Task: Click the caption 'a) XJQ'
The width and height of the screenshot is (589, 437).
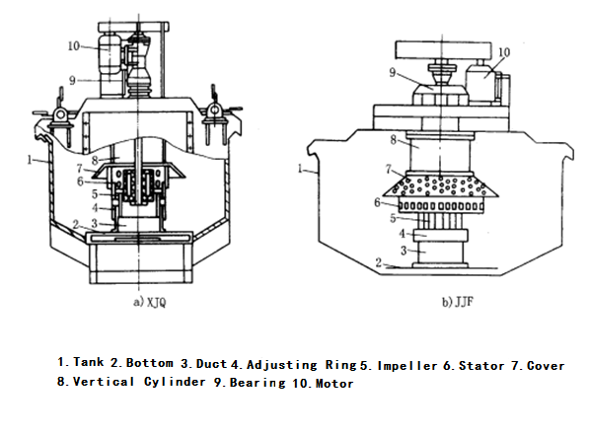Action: pos(150,302)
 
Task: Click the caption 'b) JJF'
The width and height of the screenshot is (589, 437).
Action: pos(457,302)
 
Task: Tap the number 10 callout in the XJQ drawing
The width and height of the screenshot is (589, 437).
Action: pos(74,46)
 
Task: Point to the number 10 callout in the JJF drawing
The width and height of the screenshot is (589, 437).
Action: pos(504,52)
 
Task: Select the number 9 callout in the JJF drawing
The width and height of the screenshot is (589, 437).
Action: pos(393,72)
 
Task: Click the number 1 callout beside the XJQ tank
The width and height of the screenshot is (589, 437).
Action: pos(30,160)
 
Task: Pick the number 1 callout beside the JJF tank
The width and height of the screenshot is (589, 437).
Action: pos(300,169)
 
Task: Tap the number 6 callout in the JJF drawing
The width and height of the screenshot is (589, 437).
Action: pos(378,203)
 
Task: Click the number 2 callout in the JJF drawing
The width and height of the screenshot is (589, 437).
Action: pos(379,262)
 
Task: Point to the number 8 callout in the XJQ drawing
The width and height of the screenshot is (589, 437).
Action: pos(95,161)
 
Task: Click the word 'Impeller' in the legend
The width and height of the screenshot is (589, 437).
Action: pos(407,366)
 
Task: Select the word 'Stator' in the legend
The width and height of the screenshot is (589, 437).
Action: pos(481,366)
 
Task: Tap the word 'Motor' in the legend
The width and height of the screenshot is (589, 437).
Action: pos(334,384)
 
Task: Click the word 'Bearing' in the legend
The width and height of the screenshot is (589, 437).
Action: pos(258,383)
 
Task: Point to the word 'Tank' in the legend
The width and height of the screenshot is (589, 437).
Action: pos(88,362)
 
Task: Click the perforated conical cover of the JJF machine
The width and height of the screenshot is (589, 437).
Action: pos(441,185)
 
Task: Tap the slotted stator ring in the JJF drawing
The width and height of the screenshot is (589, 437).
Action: pos(441,206)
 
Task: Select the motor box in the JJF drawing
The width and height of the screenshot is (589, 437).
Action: pos(481,83)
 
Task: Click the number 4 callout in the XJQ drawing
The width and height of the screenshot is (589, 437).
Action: pos(95,207)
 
